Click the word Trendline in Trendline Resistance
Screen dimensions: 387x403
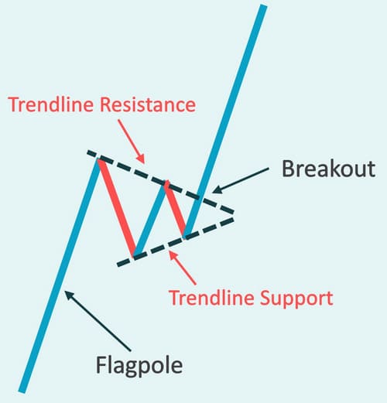(x=50, y=104)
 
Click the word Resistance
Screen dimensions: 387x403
(x=148, y=104)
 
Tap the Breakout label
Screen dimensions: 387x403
(x=328, y=169)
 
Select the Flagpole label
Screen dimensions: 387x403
(x=139, y=366)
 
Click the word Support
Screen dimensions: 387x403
(x=296, y=298)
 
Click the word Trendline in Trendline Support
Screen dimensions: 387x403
(x=211, y=298)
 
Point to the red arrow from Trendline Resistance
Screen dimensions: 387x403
(x=131, y=142)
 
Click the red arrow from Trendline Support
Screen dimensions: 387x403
(x=183, y=268)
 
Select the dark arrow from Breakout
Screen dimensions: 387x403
(x=241, y=180)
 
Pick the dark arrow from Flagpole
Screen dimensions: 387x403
(x=98, y=321)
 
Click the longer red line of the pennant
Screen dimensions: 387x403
(x=117, y=208)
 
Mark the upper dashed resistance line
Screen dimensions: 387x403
(x=160, y=182)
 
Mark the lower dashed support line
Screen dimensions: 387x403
(x=176, y=242)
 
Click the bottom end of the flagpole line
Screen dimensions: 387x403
(x=22, y=392)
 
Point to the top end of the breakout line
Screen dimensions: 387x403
(x=263, y=5)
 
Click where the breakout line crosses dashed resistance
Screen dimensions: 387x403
(x=199, y=197)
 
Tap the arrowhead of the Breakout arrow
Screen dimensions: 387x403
(x=216, y=190)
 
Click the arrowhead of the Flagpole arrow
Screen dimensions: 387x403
(x=68, y=295)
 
